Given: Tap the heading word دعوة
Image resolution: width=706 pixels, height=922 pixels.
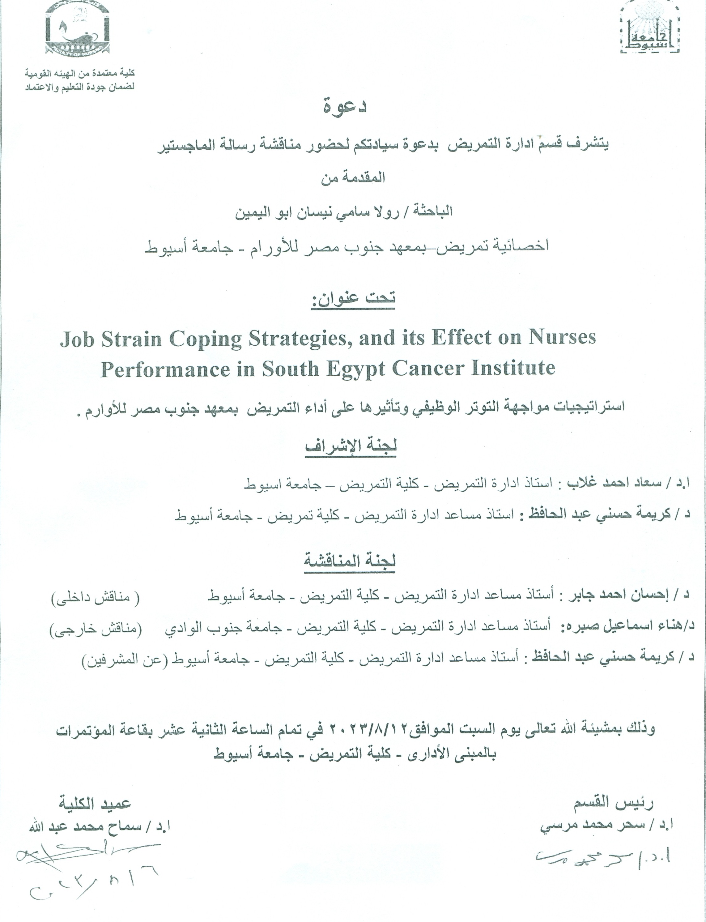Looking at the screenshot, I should (346, 106).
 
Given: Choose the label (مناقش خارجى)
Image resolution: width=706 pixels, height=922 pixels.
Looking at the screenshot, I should (96, 630).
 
